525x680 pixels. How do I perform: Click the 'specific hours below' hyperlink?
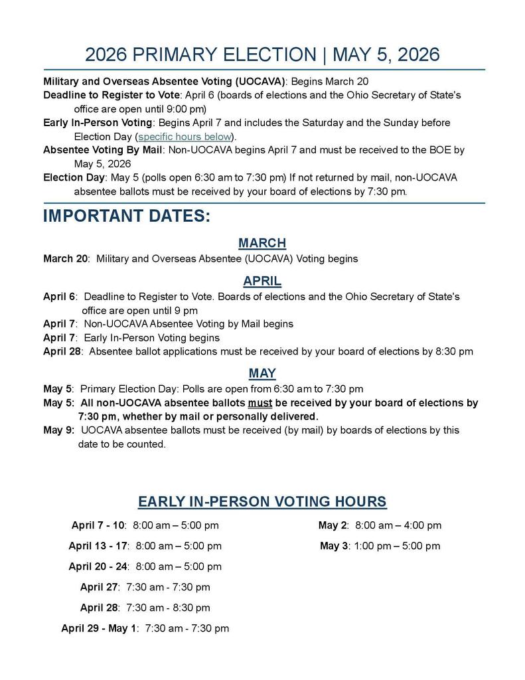[x=185, y=137]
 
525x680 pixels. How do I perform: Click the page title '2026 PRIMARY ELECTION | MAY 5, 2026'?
[x=262, y=54]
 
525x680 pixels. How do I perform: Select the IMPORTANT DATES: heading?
[x=127, y=217]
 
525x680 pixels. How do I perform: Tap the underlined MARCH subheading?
[x=262, y=243]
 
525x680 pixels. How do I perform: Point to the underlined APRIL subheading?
[x=262, y=281]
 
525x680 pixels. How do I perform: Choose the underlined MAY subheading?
[x=262, y=373]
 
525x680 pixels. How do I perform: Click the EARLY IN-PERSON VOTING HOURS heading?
[x=262, y=501]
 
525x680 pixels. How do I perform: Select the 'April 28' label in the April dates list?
[x=62, y=352]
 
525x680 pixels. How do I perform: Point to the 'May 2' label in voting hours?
[x=333, y=526]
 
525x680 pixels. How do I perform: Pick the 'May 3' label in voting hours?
[x=333, y=547]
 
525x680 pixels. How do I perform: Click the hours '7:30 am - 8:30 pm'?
[x=168, y=608]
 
